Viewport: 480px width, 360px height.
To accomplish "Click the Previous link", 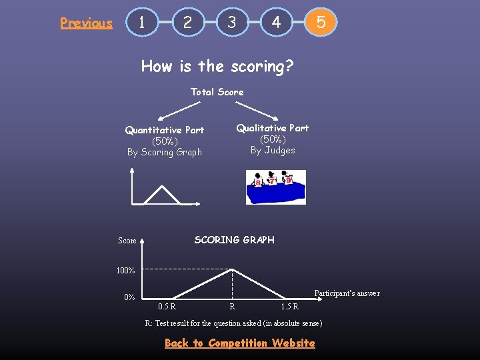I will [x=86, y=23].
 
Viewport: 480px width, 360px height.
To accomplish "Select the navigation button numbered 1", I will [x=142, y=22].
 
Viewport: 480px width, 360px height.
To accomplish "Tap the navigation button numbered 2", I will [x=187, y=22].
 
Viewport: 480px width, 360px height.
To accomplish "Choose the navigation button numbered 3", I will [x=231, y=22].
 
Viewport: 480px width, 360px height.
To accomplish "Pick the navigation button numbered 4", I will [x=276, y=22].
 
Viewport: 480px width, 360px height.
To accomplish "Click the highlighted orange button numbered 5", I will [x=321, y=22].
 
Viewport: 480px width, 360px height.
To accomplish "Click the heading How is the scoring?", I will [x=217, y=66].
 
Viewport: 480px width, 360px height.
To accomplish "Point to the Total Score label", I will [x=217, y=92].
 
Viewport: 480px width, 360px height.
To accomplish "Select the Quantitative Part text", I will [x=165, y=130].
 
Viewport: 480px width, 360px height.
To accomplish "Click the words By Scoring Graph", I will [x=165, y=152].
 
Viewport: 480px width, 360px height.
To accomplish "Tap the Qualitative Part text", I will [x=273, y=128].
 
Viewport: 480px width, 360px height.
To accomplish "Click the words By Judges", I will [x=273, y=150].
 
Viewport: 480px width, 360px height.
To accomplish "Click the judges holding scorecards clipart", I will [x=275, y=187].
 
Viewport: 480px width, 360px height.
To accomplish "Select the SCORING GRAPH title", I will [x=234, y=240].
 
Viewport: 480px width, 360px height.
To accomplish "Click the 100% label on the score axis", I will [x=125, y=271].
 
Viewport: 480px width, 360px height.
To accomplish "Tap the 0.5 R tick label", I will [x=167, y=307].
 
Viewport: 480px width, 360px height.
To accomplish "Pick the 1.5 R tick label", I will [x=289, y=307].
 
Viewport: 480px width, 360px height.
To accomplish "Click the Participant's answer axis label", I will [x=347, y=293].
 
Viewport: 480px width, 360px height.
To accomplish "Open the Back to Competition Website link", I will [x=239, y=343].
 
